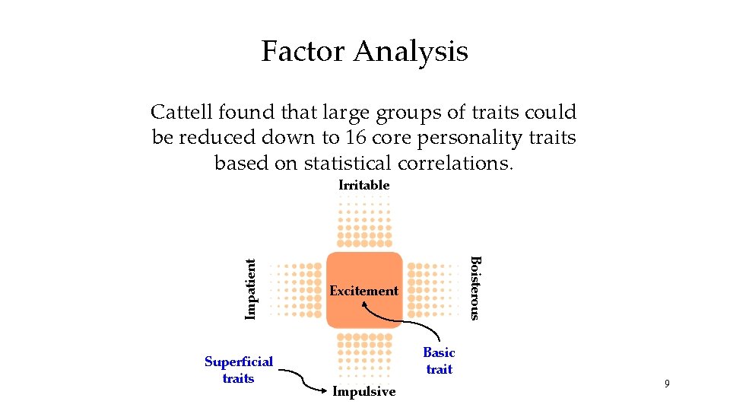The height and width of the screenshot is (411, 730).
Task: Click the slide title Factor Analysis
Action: point(364,52)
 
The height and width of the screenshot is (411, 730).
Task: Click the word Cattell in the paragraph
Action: point(182,113)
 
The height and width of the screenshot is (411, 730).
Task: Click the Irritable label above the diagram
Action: point(363,185)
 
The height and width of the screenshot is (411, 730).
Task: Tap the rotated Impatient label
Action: point(251,288)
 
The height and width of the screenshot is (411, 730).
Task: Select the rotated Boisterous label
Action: point(475,288)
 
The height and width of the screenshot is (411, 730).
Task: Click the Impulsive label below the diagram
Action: point(363,392)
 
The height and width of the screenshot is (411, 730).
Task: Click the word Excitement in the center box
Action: point(363,291)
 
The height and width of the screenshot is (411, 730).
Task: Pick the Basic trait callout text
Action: point(439,361)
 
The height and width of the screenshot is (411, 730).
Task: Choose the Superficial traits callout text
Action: point(238,370)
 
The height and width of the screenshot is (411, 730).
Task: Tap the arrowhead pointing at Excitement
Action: point(366,304)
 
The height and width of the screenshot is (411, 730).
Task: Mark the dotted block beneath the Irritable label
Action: point(363,221)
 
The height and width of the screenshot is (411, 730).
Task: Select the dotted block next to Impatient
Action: point(297,290)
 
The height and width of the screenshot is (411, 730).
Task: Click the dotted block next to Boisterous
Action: point(433,290)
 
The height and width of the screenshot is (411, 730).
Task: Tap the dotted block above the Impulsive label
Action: point(363,355)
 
